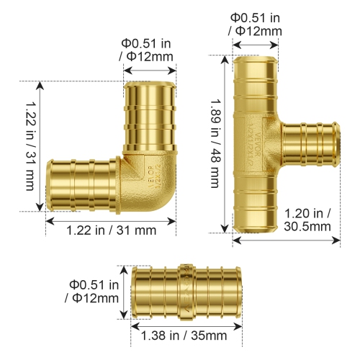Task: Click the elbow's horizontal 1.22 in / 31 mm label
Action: click(x=111, y=230)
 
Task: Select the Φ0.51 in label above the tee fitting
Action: click(x=256, y=24)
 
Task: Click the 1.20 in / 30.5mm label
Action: click(x=307, y=219)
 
